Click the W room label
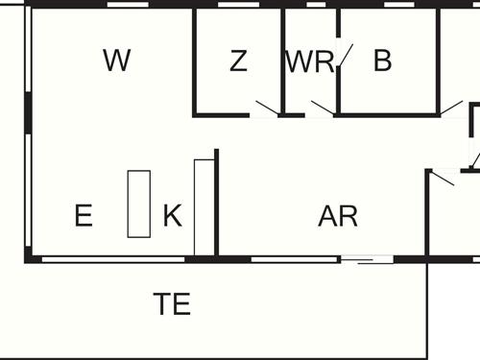(x=116, y=61)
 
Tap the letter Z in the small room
(x=238, y=61)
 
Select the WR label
(x=309, y=62)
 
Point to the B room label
(x=383, y=61)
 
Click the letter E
(x=84, y=216)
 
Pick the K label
(x=172, y=216)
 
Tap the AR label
(x=338, y=216)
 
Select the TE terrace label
(x=172, y=305)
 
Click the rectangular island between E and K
(x=139, y=204)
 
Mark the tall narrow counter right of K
(x=203, y=207)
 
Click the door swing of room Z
(x=266, y=108)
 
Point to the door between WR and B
(x=345, y=58)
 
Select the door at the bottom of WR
(x=321, y=108)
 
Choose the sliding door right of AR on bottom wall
(x=368, y=259)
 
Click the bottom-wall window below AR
(x=295, y=258)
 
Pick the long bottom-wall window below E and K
(x=113, y=258)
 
